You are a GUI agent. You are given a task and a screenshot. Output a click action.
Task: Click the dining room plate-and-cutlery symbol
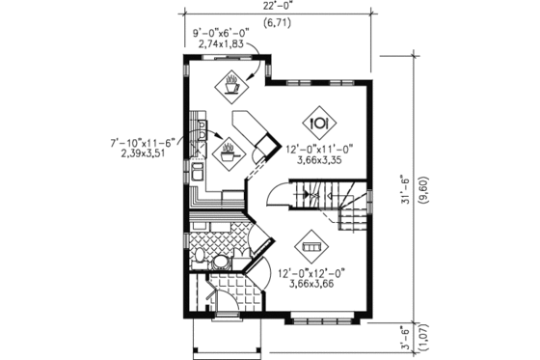(x=320, y=122)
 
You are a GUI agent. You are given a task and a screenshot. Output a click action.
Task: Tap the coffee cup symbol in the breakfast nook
(x=231, y=86)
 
